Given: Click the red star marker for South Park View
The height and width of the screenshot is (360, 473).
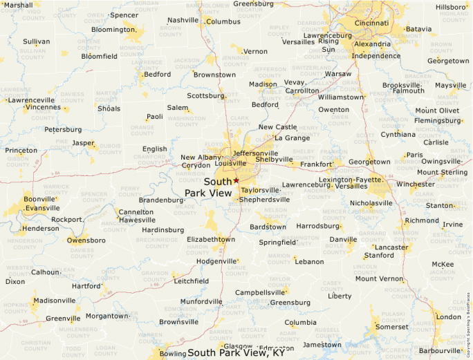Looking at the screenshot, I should [x=236, y=180].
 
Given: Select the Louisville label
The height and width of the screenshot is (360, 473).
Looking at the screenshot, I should [x=230, y=164].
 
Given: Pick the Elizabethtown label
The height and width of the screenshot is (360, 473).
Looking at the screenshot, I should [x=212, y=239].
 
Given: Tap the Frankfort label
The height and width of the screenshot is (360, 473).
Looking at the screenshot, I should [x=316, y=164].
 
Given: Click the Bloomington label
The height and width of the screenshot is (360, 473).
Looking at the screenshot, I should [x=113, y=30].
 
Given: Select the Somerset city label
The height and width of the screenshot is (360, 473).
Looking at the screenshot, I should [x=391, y=327].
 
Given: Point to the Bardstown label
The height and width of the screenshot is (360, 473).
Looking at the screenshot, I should [x=268, y=227].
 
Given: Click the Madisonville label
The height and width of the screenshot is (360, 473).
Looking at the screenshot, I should [x=55, y=301].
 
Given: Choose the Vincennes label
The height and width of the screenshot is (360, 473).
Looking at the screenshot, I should [x=43, y=107].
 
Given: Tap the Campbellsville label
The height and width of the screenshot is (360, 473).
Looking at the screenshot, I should [x=261, y=292].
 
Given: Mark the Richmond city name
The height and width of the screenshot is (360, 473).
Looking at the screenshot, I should [x=422, y=221].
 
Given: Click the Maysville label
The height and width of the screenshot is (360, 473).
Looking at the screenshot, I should [x=450, y=85].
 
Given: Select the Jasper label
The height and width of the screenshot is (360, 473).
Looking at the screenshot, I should [x=83, y=143].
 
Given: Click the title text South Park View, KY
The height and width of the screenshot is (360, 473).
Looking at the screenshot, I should [x=236, y=352].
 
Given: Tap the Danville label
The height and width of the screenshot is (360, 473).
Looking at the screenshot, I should [x=343, y=240].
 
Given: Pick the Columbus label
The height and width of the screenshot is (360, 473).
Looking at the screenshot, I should [x=223, y=21].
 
